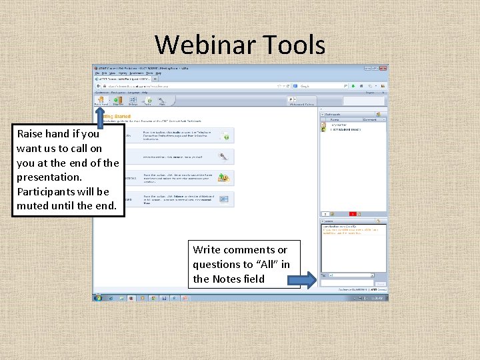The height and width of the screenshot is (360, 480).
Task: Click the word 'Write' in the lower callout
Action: point(207,250)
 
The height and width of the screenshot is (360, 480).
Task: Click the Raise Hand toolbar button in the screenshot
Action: point(101,101)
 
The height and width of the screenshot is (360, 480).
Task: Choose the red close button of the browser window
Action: point(385,68)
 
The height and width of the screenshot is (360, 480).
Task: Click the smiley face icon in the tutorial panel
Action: point(225,178)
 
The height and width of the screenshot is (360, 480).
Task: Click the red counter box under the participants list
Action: point(353,214)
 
